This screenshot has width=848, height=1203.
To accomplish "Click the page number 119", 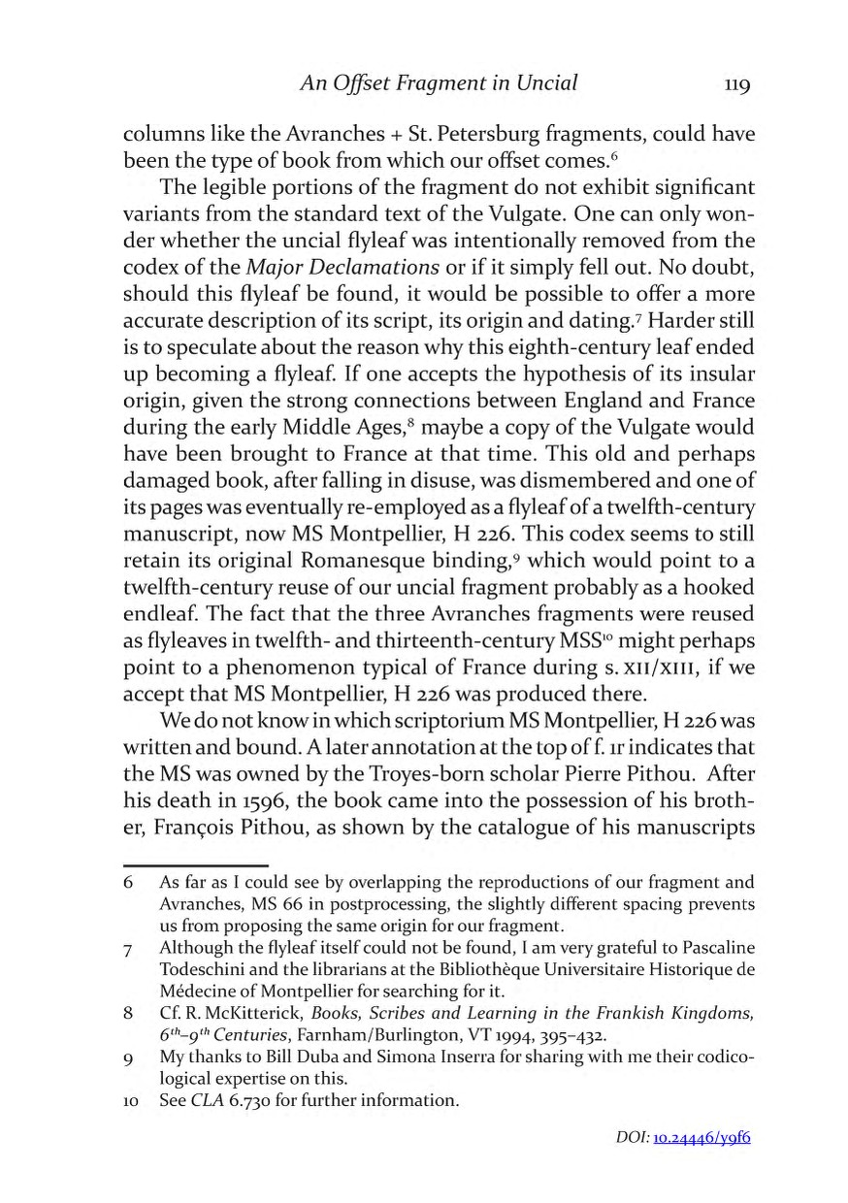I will click(x=738, y=85).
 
